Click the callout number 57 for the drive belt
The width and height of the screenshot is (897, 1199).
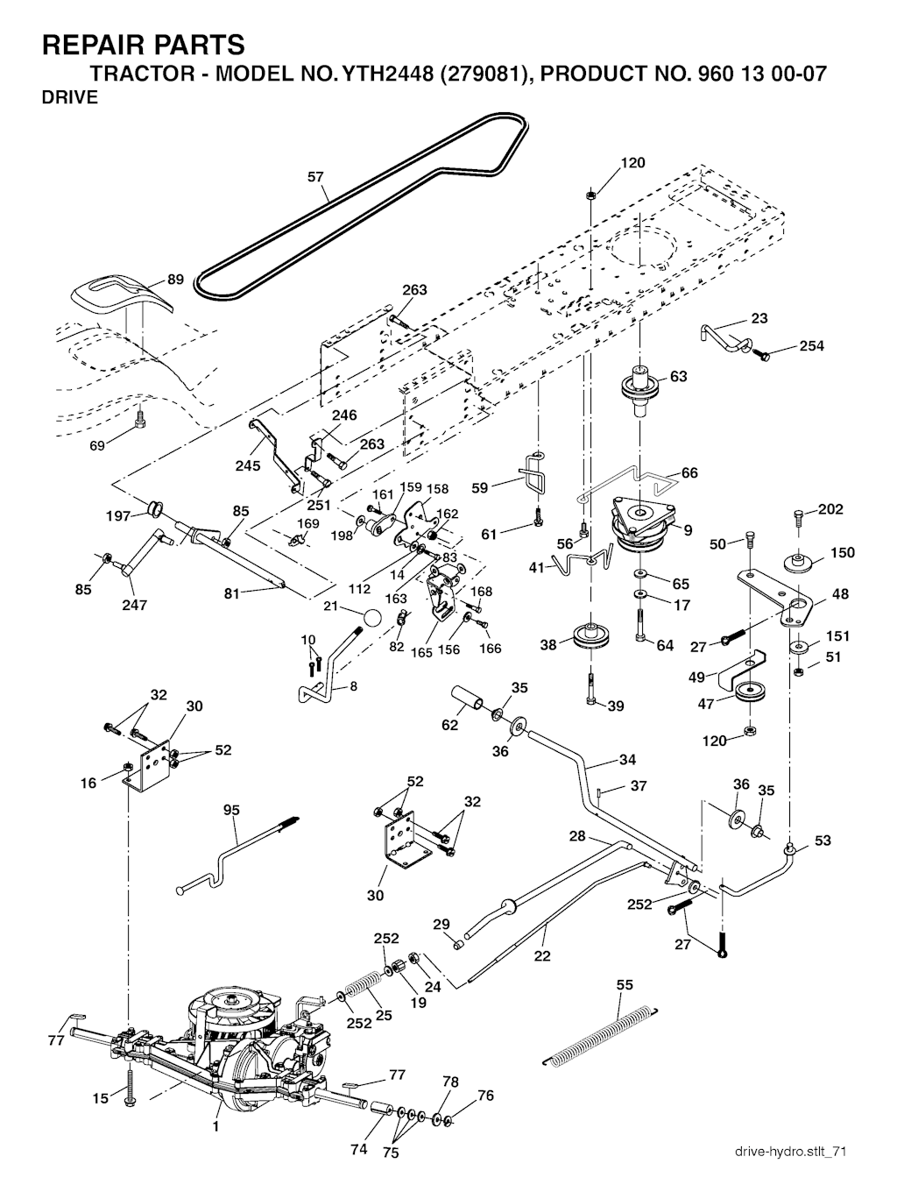(315, 177)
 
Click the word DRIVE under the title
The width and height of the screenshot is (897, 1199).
(70, 98)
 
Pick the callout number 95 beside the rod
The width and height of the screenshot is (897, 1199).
(230, 811)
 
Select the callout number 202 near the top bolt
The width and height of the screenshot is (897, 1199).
(830, 510)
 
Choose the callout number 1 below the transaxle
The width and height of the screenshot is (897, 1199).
(215, 1127)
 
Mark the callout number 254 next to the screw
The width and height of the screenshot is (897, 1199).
(811, 345)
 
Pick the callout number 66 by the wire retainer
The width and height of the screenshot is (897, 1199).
(689, 473)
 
